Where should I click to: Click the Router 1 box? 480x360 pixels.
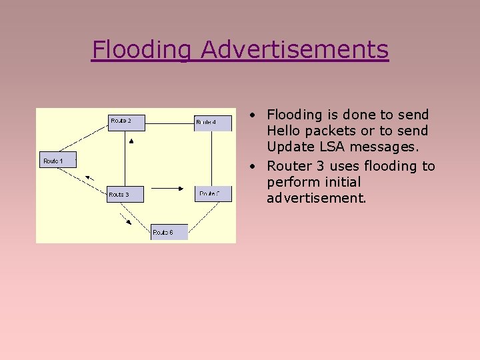pyautogui.click(x=57, y=160)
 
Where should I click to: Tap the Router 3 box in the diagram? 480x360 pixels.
pyautogui.click(x=125, y=194)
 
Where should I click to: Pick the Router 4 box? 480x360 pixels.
pyautogui.click(x=213, y=122)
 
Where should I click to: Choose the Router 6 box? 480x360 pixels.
pyautogui.click(x=169, y=231)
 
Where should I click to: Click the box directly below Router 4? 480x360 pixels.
pyautogui.click(x=214, y=193)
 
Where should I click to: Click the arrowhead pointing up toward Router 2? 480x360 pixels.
pyautogui.click(x=131, y=141)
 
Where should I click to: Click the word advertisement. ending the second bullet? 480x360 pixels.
pyautogui.click(x=316, y=198)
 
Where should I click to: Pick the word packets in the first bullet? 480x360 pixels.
pyautogui.click(x=332, y=131)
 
